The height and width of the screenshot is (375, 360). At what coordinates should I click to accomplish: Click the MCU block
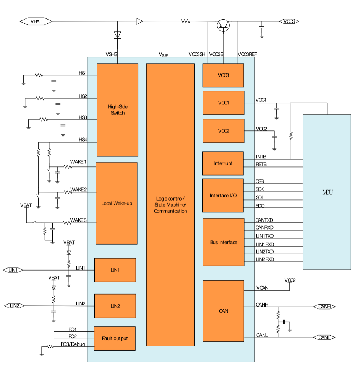pos(327,192)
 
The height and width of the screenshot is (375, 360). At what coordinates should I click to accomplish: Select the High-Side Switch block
pos(117,110)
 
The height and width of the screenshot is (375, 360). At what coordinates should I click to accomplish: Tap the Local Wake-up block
pos(117,203)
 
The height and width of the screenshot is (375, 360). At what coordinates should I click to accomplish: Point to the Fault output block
pos(115,338)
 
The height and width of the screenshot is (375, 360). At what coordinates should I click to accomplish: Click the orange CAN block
pos(223,311)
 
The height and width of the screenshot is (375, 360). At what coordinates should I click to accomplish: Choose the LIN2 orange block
pos(115,306)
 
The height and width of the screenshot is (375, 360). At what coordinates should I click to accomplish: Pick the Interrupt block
pos(223,163)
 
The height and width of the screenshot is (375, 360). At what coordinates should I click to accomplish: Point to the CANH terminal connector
pos(324,307)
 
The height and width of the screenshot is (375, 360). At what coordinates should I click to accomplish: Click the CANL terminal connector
pos(324,337)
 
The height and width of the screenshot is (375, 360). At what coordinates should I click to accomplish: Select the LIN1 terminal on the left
pos(13,270)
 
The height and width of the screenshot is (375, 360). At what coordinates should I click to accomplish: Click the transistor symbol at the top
pos(223,25)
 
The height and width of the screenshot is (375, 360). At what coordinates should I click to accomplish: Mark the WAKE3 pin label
pos(78,220)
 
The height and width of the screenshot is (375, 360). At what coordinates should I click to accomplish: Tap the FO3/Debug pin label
pos(73,345)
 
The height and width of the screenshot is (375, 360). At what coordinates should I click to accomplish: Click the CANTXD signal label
pos(264,220)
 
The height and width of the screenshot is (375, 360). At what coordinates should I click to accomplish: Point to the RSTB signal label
pos(261,165)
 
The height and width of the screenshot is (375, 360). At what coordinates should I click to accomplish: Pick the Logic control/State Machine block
pos(170,205)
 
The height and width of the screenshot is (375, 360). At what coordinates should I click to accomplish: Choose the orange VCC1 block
pos(223,103)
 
